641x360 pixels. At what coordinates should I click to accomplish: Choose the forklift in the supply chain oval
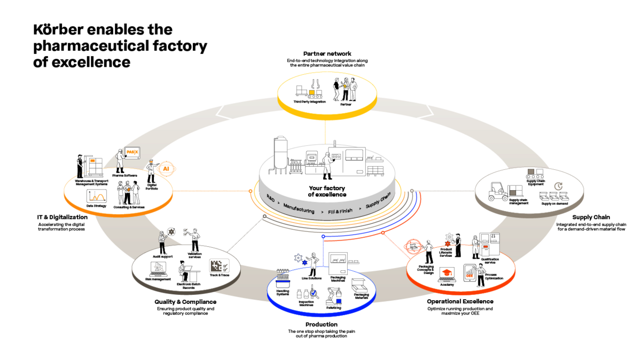pyautogui.click(x=499, y=192)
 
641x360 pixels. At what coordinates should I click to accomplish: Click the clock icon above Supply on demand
pyautogui.click(x=559, y=186)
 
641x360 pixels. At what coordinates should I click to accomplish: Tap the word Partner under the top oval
pyautogui.click(x=346, y=105)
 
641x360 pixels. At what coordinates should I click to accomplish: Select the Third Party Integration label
pyautogui.click(x=309, y=101)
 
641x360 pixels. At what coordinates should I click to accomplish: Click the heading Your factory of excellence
pyautogui.click(x=327, y=191)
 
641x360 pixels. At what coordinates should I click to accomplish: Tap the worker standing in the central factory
pyautogui.click(x=326, y=165)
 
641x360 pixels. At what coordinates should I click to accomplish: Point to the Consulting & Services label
pyautogui.click(x=128, y=207)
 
